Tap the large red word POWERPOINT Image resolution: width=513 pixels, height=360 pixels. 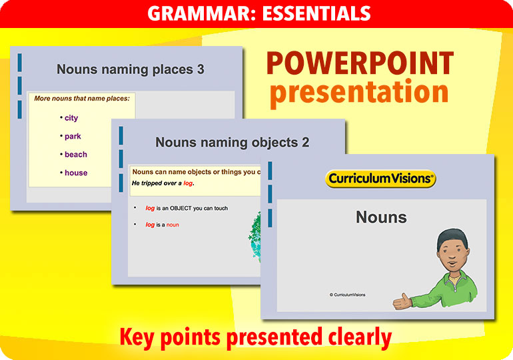point(360,64)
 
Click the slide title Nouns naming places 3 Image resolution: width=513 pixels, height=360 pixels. point(130,69)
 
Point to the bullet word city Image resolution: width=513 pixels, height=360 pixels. point(71,118)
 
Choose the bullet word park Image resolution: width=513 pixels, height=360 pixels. point(73,136)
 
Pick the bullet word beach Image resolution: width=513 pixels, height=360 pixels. point(76,155)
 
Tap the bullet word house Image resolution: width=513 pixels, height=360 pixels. point(76,173)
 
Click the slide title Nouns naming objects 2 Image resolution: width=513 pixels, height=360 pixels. point(232,143)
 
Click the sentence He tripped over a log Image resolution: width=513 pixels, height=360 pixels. point(167,183)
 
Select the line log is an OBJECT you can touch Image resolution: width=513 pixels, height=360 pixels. point(187,209)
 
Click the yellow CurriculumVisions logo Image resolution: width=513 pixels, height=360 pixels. point(380,179)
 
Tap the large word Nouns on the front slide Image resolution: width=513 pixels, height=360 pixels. point(381,217)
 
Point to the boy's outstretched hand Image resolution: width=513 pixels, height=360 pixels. point(402,301)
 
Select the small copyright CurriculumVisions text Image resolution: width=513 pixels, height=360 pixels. point(347,295)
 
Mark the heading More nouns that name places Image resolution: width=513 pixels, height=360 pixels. point(82,99)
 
